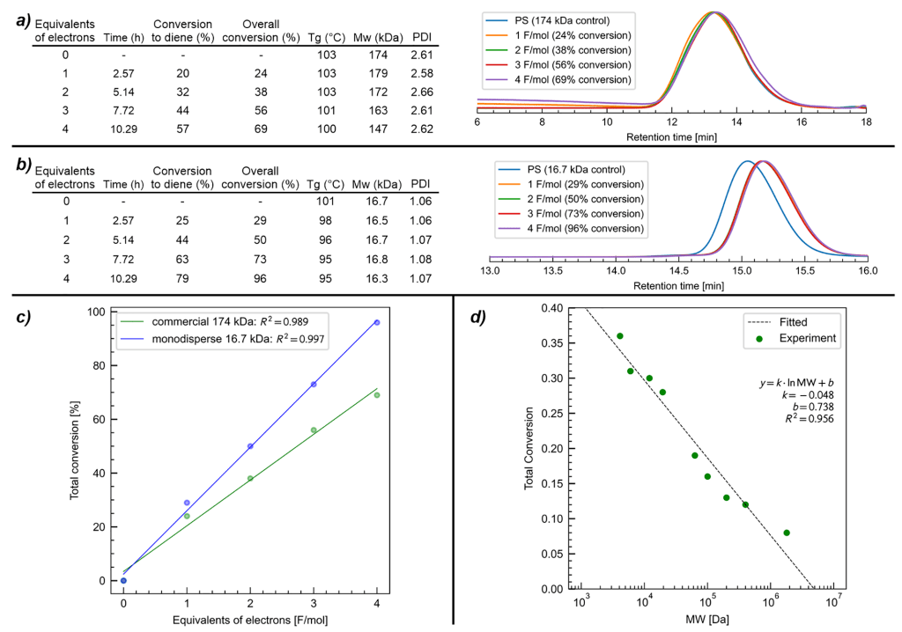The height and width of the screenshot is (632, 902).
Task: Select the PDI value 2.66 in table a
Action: [428, 92]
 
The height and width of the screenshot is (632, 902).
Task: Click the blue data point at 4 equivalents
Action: [377, 323]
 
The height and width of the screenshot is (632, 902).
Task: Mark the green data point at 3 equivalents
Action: [314, 430]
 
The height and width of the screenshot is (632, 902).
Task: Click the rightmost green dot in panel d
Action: [787, 533]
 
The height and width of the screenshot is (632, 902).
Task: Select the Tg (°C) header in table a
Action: [326, 37]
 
